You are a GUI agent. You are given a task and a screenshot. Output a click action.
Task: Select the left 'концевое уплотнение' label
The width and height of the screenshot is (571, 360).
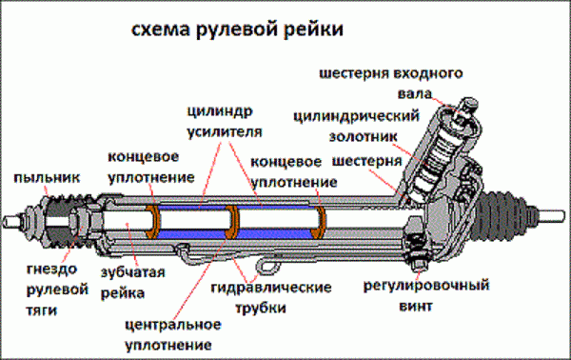151,167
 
